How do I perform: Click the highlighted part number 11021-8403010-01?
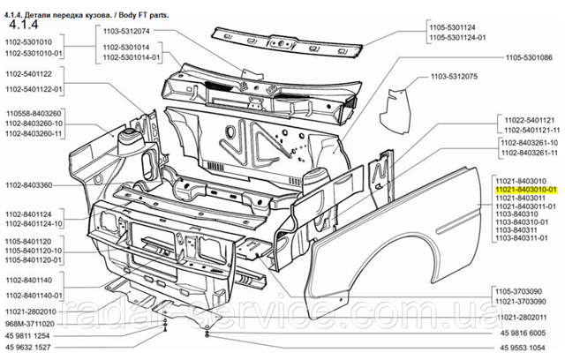(x=527, y=190)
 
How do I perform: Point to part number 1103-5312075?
(x=454, y=77)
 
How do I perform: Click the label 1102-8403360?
(x=30, y=184)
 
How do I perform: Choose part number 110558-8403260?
(x=34, y=114)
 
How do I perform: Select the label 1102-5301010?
(x=30, y=42)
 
